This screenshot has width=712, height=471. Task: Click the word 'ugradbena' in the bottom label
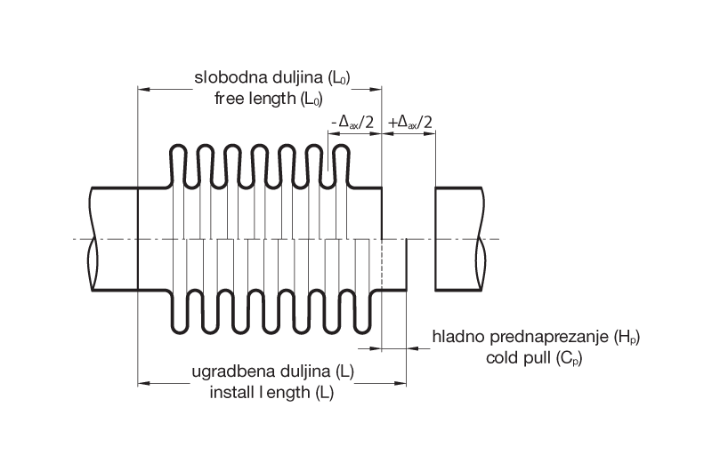[x=226, y=371]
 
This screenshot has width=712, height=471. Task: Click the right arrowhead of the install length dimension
[x=402, y=384]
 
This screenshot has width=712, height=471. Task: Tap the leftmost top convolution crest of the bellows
[x=176, y=147]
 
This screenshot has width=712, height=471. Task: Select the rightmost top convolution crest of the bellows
[x=339, y=147]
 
